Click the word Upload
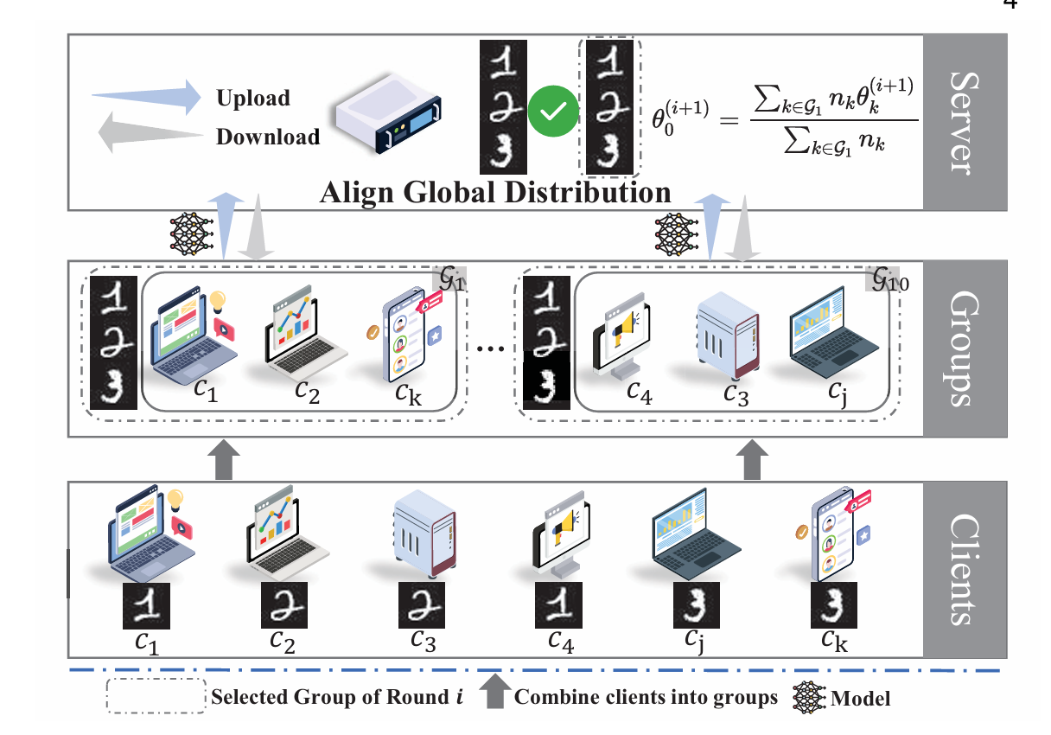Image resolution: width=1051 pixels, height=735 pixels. coord(253,98)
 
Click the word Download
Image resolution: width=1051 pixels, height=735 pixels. coord(267,137)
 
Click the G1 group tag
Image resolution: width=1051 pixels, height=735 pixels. coord(447,282)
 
